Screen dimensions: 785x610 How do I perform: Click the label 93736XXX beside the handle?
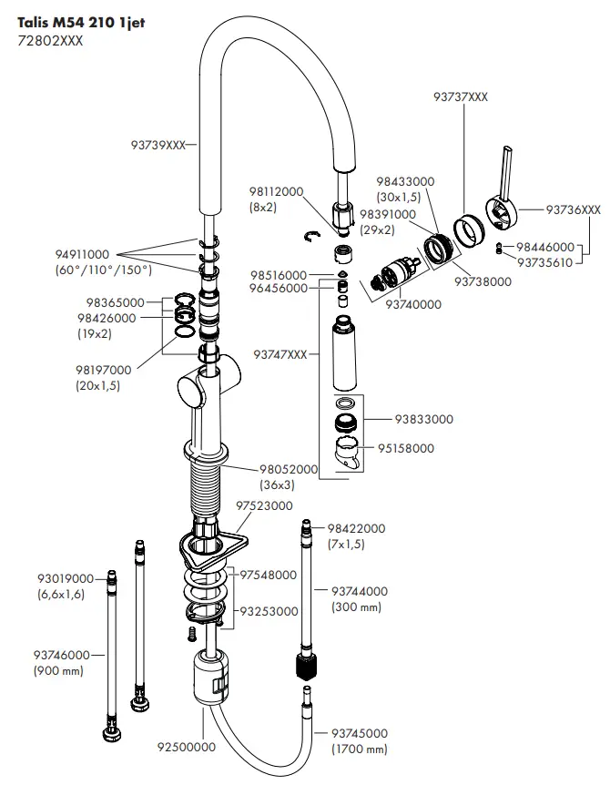pos(574,209)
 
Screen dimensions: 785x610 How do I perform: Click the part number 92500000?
pos(187,747)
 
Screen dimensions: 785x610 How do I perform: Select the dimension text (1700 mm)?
pos(359,749)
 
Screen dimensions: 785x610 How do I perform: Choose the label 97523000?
pos(264,505)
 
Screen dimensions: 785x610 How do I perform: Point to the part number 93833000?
pos(423,419)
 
